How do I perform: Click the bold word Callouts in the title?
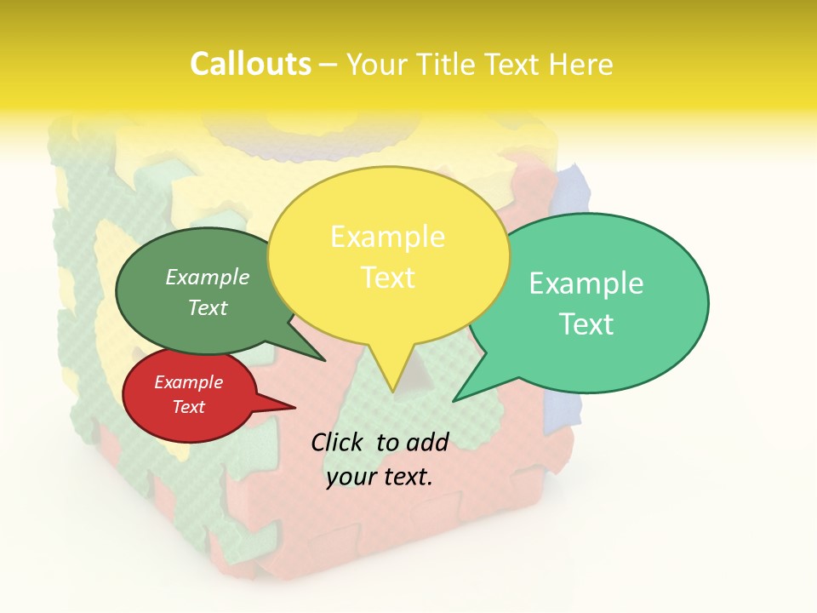click(x=250, y=64)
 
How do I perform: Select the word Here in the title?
click(x=581, y=64)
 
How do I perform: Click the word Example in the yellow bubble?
click(x=387, y=237)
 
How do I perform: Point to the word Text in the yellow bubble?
click(x=387, y=278)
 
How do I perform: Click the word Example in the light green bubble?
click(x=586, y=284)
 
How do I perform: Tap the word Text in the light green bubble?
click(x=586, y=324)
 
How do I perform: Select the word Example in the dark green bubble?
click(x=208, y=278)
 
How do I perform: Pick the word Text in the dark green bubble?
click(x=208, y=307)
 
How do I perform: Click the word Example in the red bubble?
click(x=189, y=382)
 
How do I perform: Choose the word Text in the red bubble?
click(x=189, y=407)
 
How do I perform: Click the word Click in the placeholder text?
click(x=337, y=442)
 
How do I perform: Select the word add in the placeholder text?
click(x=427, y=442)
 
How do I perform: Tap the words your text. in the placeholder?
click(x=380, y=477)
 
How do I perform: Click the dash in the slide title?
click(x=329, y=65)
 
